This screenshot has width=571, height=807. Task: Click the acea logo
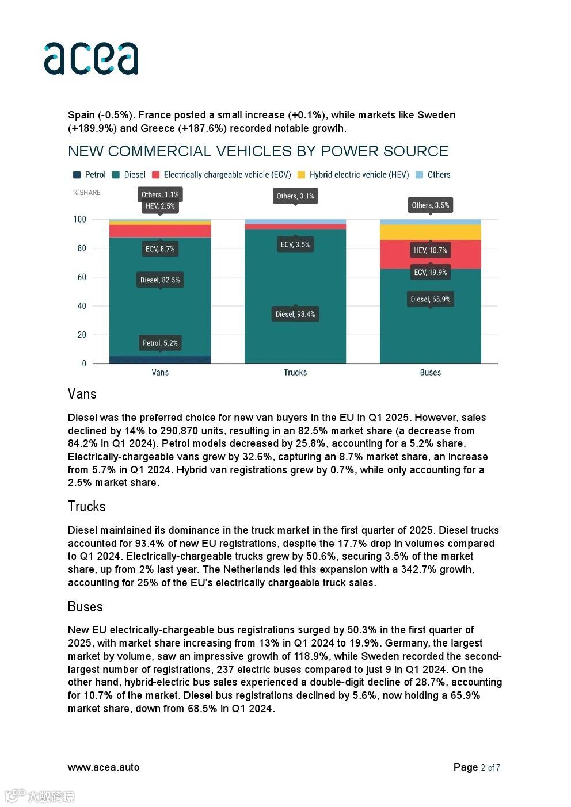[x=91, y=58]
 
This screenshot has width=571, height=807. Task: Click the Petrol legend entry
[x=90, y=175]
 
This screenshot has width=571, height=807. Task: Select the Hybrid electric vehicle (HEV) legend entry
[x=353, y=175]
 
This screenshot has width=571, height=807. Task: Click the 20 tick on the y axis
[x=81, y=335]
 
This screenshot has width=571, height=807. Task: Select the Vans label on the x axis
[x=160, y=373]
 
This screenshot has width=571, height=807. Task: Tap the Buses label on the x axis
[x=430, y=373]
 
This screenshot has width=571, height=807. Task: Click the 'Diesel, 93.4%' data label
[x=295, y=314]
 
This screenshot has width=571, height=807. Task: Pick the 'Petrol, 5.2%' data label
[x=160, y=343]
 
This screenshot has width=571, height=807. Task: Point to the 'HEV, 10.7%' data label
[x=430, y=250]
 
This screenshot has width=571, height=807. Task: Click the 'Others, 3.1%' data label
[x=295, y=196]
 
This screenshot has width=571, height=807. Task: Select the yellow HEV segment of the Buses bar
[x=430, y=232]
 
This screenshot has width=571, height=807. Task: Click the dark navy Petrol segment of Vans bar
[x=160, y=359]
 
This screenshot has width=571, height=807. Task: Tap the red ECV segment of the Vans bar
[x=160, y=231]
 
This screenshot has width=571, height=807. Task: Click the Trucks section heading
[x=87, y=507]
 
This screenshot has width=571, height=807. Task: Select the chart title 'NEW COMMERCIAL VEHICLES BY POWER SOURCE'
[x=258, y=151]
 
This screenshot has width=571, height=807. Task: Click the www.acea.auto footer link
[x=104, y=767]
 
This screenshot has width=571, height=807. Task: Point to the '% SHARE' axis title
[x=87, y=193]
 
